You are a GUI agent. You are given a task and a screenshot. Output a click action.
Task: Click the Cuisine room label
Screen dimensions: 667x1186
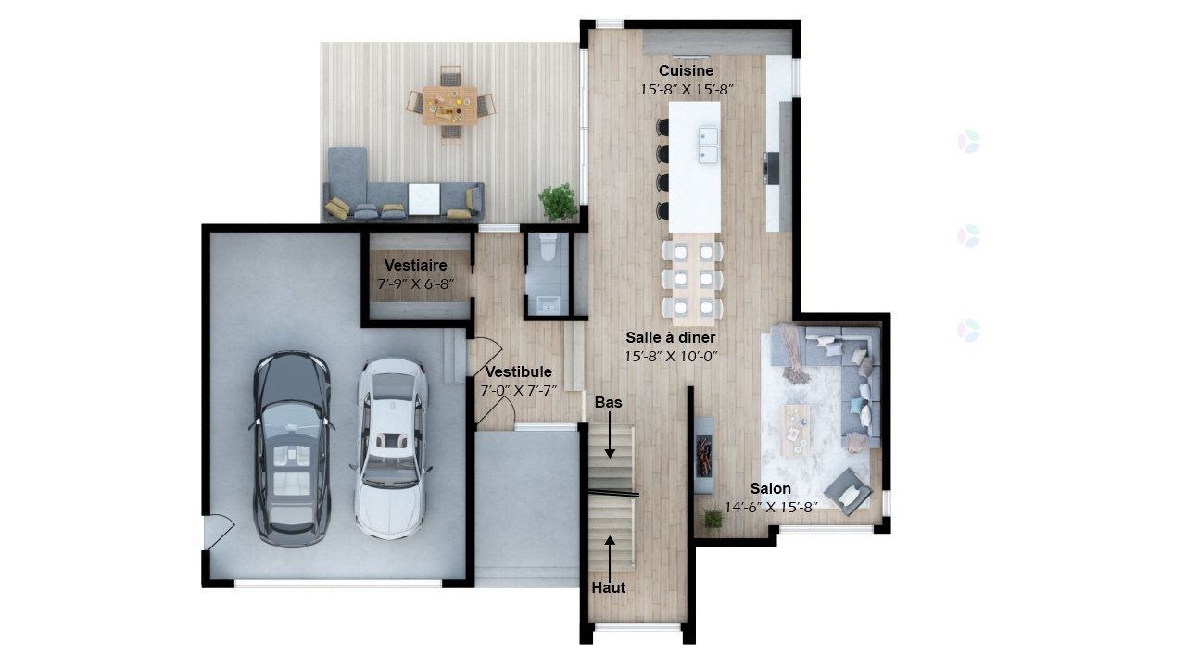(x=686, y=70)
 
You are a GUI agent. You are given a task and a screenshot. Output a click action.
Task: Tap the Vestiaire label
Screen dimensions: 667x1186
(x=415, y=265)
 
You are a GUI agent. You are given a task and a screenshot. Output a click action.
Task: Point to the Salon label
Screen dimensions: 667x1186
(x=770, y=488)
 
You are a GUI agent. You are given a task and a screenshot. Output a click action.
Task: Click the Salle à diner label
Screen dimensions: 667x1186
(x=670, y=337)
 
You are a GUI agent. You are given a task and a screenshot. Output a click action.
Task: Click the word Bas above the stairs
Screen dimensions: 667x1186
(x=609, y=402)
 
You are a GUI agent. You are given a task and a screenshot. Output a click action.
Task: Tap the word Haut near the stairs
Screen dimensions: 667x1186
(x=609, y=587)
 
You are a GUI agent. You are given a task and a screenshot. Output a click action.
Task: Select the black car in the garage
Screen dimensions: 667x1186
(x=292, y=449)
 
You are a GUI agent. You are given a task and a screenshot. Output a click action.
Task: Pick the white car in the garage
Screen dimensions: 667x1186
(x=391, y=448)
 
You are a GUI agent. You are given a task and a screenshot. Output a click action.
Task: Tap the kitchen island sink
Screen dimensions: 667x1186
(x=709, y=145)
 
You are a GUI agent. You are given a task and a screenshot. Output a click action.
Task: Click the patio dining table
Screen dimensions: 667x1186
(x=450, y=104)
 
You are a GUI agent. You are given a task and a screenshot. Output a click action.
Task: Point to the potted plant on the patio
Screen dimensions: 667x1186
(x=558, y=201)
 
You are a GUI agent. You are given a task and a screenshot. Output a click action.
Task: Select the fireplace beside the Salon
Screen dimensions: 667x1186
(x=705, y=447)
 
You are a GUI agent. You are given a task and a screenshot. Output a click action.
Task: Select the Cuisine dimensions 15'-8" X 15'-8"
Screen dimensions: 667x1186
(x=686, y=90)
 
